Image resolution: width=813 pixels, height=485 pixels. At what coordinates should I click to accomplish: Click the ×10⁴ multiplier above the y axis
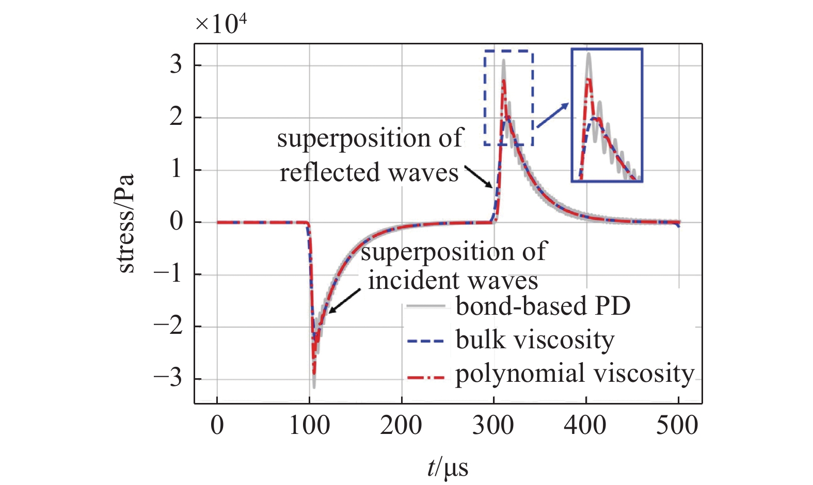tap(220, 24)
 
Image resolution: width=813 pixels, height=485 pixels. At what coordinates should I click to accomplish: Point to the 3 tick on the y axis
tap(176, 65)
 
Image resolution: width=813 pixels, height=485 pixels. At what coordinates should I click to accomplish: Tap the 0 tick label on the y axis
tap(176, 222)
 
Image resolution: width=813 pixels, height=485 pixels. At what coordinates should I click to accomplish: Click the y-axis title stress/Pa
tap(125, 223)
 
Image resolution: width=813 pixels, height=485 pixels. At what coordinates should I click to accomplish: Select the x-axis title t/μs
tap(448, 467)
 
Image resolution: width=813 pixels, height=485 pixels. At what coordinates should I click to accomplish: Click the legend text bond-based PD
tap(543, 306)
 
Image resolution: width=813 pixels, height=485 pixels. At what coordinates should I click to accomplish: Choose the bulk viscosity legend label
tap(535, 340)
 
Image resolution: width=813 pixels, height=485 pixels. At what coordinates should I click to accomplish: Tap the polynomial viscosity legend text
tap(575, 374)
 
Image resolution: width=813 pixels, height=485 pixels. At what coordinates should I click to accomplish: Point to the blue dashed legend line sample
tap(425, 341)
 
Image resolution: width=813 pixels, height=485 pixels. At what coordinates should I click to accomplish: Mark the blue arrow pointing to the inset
tap(552, 115)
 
